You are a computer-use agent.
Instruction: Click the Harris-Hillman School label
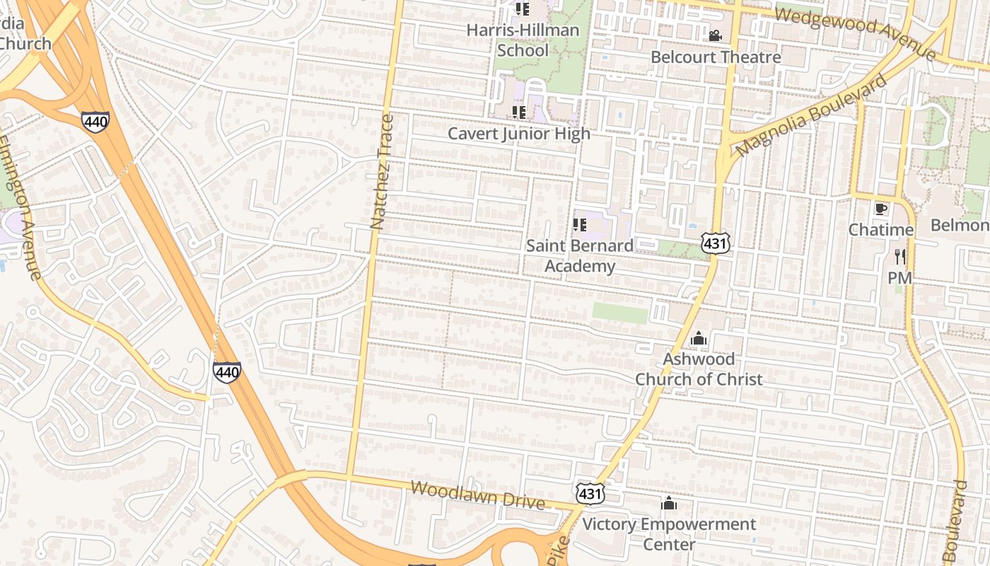click(523, 40)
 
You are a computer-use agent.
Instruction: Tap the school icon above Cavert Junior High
click(519, 112)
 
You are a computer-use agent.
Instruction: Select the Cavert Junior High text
click(519, 133)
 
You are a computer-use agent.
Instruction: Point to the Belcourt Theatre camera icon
click(715, 35)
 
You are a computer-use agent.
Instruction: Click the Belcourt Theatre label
click(715, 57)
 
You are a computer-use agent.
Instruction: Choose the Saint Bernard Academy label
click(579, 255)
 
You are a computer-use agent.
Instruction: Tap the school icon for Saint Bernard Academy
click(579, 226)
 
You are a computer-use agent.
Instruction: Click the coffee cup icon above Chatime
click(880, 209)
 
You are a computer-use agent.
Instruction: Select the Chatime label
click(880, 230)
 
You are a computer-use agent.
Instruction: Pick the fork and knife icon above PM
click(899, 257)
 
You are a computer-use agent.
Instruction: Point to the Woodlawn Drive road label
click(477, 495)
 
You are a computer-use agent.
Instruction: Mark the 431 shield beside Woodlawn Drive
click(589, 493)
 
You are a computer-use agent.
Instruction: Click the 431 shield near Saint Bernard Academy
click(715, 243)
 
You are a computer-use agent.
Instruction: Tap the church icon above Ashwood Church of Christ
click(699, 338)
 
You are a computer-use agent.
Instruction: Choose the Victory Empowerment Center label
click(669, 534)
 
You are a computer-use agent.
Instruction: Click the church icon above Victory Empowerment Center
click(668, 504)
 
